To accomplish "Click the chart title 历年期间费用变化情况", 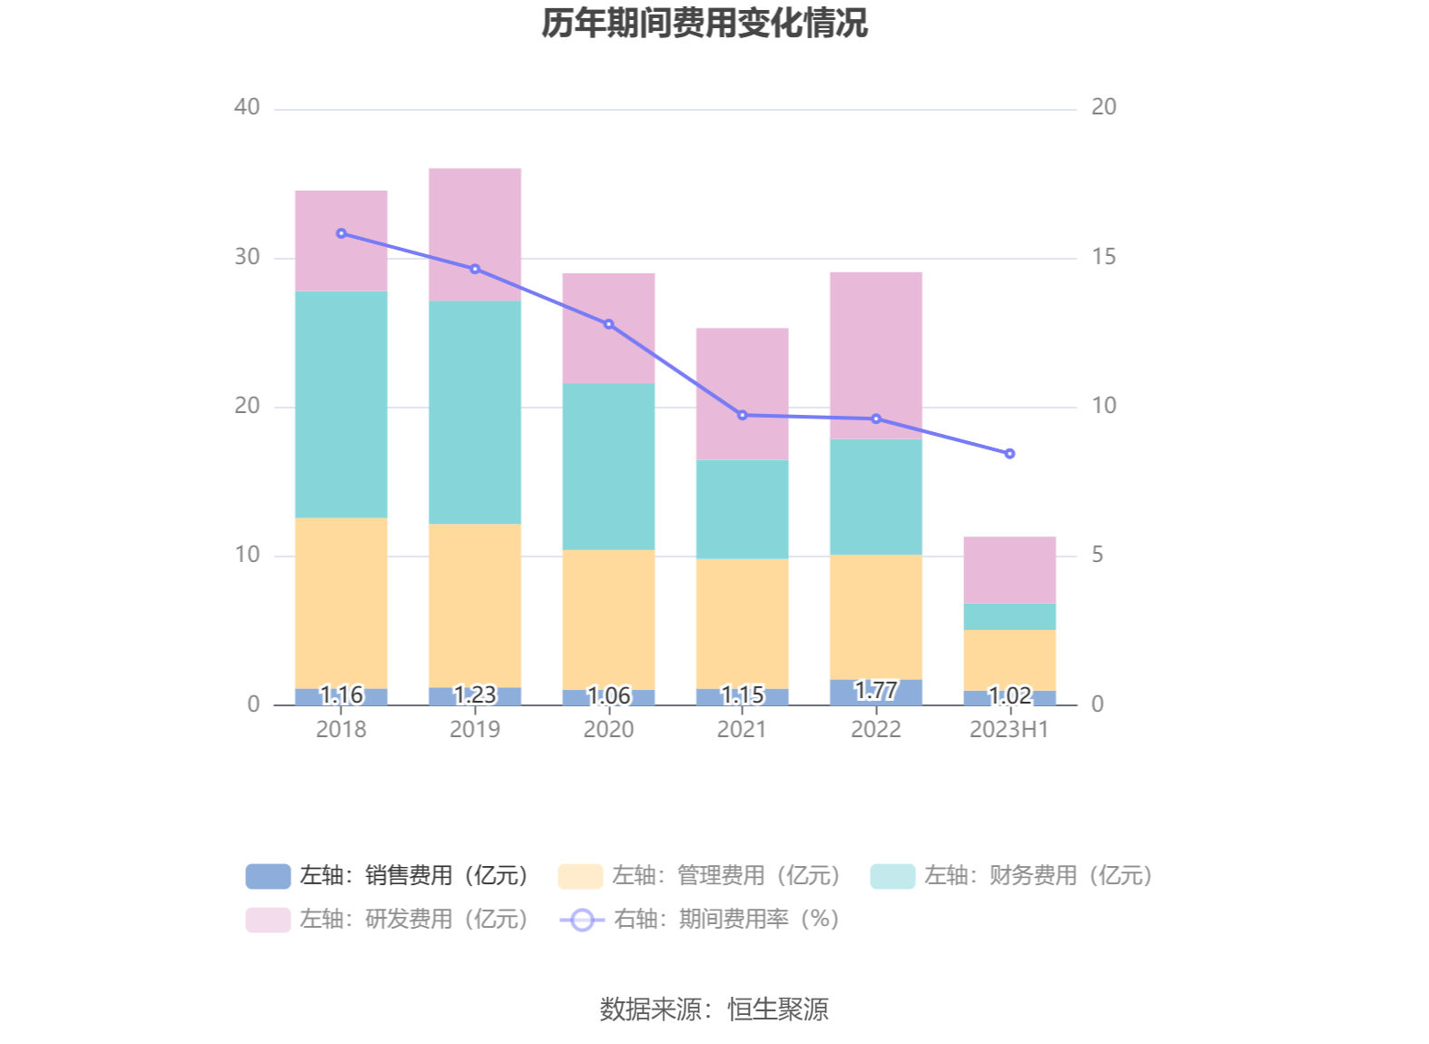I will [705, 24].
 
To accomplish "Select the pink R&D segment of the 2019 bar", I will [475, 234].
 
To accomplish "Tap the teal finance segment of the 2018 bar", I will [341, 404].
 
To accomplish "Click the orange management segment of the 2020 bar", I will [608, 619].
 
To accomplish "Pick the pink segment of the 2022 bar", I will [876, 355].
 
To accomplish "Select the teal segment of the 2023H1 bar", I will [1010, 616].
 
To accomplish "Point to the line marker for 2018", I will [341, 233].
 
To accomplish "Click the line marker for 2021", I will [743, 415].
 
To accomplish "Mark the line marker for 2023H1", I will [1010, 453].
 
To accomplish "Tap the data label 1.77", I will [876, 691].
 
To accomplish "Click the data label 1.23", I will [475, 694].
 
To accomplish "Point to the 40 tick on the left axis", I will [247, 107].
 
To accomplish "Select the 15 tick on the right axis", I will [1103, 257].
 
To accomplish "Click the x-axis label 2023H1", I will [1009, 729].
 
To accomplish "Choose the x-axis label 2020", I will [608, 729].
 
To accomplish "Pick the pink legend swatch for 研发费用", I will [268, 920].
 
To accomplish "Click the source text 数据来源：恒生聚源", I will [714, 1009].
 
